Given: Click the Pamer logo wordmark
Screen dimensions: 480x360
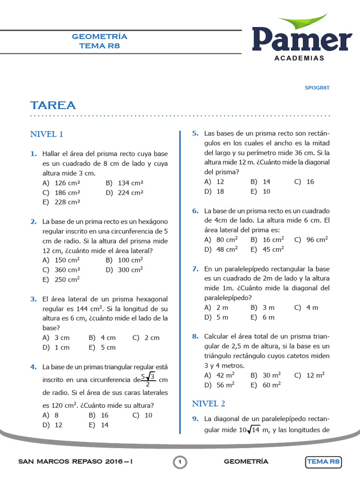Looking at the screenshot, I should click(x=302, y=39).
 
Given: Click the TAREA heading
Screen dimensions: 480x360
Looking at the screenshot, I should click(x=53, y=105).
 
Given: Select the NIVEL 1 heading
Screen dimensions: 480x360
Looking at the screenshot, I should click(x=47, y=135).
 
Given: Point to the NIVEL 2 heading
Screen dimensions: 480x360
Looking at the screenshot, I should click(x=209, y=403).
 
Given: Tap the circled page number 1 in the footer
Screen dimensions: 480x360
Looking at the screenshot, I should click(x=180, y=462).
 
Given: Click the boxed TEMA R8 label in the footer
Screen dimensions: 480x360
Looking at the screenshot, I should click(x=323, y=462).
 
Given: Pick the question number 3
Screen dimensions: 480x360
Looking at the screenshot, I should click(x=34, y=299).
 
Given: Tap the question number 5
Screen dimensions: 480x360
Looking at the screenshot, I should click(x=195, y=134).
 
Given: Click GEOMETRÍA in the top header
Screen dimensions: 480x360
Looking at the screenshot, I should click(x=99, y=37).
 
